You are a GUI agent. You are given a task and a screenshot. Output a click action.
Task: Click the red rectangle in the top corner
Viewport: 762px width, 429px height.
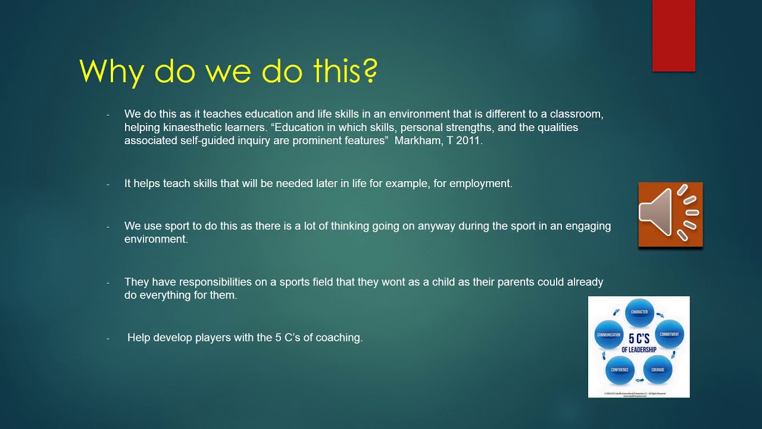673,36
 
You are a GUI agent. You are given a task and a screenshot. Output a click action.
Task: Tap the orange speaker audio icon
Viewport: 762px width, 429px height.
670,214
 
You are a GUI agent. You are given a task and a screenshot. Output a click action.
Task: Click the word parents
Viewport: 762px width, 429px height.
516,282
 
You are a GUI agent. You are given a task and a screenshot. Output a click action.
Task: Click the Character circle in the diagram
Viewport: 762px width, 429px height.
639,313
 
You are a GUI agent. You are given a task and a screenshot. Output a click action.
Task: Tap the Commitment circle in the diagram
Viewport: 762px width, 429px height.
669,334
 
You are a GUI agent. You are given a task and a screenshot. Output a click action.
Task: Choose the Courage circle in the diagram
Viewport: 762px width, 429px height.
657,369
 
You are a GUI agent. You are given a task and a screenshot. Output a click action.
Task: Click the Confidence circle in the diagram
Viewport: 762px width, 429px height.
620,369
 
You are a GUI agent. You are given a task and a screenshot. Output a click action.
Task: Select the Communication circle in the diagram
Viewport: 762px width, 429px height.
608,335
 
